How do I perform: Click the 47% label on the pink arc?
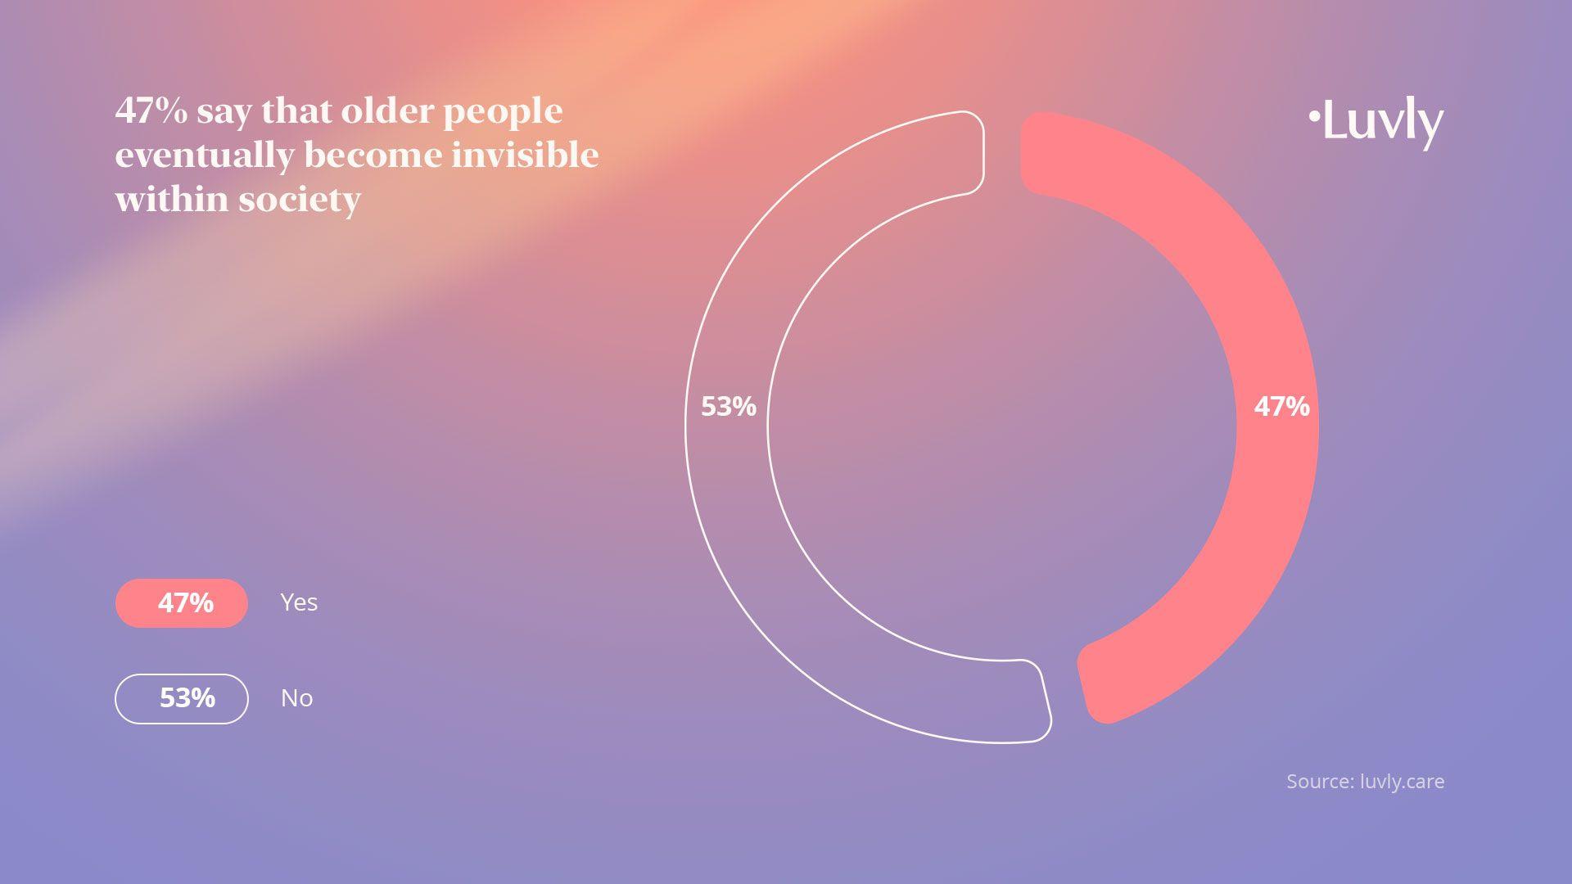click(1281, 407)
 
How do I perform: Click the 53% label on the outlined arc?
click(729, 407)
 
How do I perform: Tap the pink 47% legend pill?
click(182, 603)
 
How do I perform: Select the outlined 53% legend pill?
click(182, 699)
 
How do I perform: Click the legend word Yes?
click(299, 602)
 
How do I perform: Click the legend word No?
click(296, 698)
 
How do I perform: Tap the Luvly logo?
click(1375, 123)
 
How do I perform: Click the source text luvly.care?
click(1403, 782)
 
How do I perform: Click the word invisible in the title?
click(525, 155)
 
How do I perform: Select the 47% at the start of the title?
click(151, 110)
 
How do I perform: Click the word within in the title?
click(173, 199)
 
